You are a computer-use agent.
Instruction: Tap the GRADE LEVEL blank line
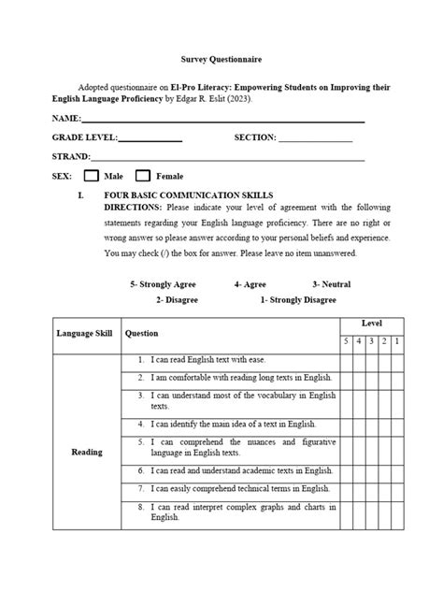pyautogui.click(x=150, y=139)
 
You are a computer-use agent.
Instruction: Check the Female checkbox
pyautogui.click(x=143, y=175)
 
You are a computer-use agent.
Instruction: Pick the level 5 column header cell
pyautogui.click(x=345, y=341)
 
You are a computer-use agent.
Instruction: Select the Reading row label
pyautogui.click(x=87, y=453)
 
